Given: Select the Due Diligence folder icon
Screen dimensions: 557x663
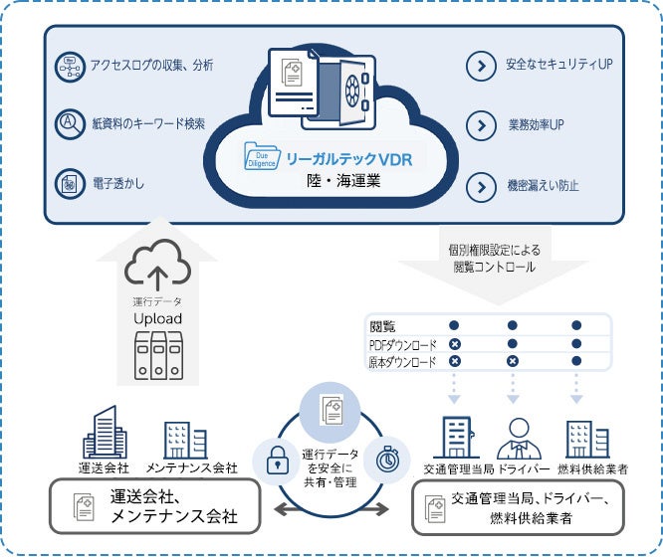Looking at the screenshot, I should [263, 158].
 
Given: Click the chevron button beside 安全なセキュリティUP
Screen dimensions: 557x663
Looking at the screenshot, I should [481, 67].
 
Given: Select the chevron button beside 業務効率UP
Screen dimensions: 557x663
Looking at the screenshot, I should [481, 126].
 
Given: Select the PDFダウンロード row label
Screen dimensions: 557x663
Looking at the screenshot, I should [403, 344].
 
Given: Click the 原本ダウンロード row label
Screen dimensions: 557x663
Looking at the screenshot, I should [403, 362].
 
